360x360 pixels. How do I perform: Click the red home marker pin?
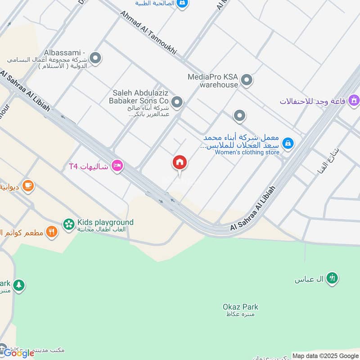[180, 163]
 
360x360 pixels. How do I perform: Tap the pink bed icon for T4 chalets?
[118, 166]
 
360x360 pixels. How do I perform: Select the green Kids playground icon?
[68, 224]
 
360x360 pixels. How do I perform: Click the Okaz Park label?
[240, 307]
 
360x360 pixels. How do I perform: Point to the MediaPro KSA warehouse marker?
[246, 81]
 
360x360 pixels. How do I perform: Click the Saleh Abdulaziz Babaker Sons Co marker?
[177, 103]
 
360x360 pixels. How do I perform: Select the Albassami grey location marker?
[95, 58]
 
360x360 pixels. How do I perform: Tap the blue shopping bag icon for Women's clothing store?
[288, 144]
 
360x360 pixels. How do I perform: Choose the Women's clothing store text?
[247, 153]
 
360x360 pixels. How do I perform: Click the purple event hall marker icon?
[354, 99]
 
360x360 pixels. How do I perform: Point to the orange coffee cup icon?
[28, 185]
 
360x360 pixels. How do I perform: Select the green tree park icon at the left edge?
[18, 285]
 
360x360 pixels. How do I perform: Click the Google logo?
[19, 353]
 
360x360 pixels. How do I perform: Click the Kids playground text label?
[105, 222]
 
